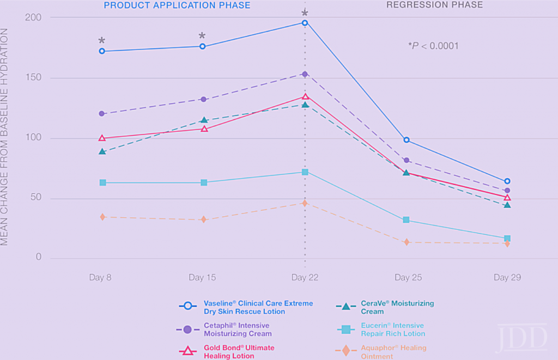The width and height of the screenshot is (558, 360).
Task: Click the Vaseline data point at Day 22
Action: (x=305, y=23)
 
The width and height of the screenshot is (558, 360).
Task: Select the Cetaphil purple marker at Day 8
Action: (x=102, y=114)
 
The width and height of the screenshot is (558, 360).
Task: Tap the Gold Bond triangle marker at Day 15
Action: (x=204, y=129)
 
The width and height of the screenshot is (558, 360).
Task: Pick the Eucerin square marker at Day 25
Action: (x=406, y=220)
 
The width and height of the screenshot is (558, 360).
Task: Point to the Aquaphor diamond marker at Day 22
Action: (x=305, y=203)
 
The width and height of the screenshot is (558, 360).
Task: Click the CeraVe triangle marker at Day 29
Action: (x=507, y=205)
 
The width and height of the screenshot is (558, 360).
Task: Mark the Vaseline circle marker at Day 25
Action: (x=406, y=140)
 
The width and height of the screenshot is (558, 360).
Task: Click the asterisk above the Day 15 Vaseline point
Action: (x=202, y=36)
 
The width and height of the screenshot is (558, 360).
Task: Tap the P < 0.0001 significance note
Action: (x=433, y=46)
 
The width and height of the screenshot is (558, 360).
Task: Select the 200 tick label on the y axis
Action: (x=34, y=17)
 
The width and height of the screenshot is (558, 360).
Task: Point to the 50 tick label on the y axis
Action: (x=36, y=198)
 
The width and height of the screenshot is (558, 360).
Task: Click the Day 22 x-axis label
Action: (x=305, y=277)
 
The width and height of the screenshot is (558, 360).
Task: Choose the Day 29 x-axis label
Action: (x=507, y=277)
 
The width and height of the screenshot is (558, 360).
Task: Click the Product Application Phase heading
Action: (x=177, y=5)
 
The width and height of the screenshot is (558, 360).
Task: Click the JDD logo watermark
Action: (x=521, y=338)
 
